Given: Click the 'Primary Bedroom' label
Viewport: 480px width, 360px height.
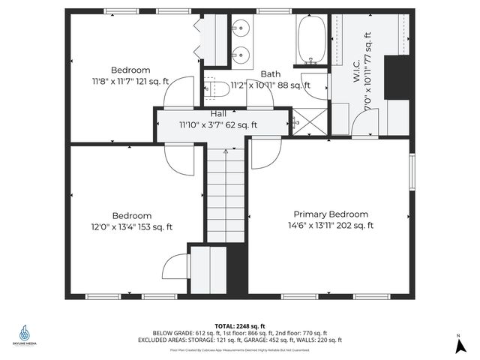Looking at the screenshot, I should pyautogui.click(x=331, y=214).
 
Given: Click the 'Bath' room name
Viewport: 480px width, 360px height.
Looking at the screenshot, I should pyautogui.click(x=270, y=73).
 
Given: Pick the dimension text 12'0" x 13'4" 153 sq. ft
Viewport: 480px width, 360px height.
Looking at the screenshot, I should pyautogui.click(x=131, y=226).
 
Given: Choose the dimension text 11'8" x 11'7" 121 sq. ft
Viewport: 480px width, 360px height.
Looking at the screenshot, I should pyautogui.click(x=131, y=81).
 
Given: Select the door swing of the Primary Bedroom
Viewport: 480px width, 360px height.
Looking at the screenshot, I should pyautogui.click(x=262, y=154).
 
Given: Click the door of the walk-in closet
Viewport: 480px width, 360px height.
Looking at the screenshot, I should pyautogui.click(x=364, y=125).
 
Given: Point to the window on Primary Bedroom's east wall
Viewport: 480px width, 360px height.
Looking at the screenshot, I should pyautogui.click(x=411, y=172).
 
